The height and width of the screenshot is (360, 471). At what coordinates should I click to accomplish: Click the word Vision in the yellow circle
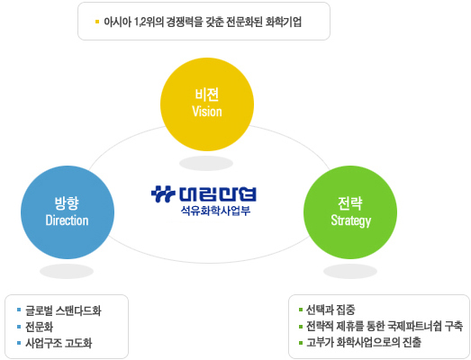[207, 112]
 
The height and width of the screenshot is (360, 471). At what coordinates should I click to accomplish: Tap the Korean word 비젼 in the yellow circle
[206, 94]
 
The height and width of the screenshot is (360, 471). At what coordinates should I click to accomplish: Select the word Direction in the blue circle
[67, 220]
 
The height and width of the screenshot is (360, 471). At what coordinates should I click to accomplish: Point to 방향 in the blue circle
[67, 203]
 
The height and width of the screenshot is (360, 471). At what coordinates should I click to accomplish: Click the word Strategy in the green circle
[351, 220]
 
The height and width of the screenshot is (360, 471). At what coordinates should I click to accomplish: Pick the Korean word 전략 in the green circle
[350, 203]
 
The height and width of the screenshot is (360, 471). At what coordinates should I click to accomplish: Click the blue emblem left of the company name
[163, 194]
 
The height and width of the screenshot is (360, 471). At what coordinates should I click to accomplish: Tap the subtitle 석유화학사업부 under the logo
[215, 211]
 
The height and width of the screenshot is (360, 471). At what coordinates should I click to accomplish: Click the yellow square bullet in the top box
[97, 22]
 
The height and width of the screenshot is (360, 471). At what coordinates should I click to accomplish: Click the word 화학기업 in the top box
[284, 22]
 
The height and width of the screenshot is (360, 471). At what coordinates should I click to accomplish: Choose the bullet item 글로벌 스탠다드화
[63, 310]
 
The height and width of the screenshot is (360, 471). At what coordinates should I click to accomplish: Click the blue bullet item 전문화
[40, 327]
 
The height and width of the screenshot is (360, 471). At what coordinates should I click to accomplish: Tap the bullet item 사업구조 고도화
[59, 343]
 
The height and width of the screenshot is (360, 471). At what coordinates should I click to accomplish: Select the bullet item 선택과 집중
[331, 310]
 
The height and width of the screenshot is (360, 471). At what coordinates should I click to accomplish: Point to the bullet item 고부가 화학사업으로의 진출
[364, 342]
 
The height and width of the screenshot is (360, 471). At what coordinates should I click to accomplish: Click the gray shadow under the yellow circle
[206, 163]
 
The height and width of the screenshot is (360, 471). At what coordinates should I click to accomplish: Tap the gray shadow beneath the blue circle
[67, 272]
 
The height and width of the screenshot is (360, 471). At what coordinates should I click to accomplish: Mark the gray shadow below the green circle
[350, 272]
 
